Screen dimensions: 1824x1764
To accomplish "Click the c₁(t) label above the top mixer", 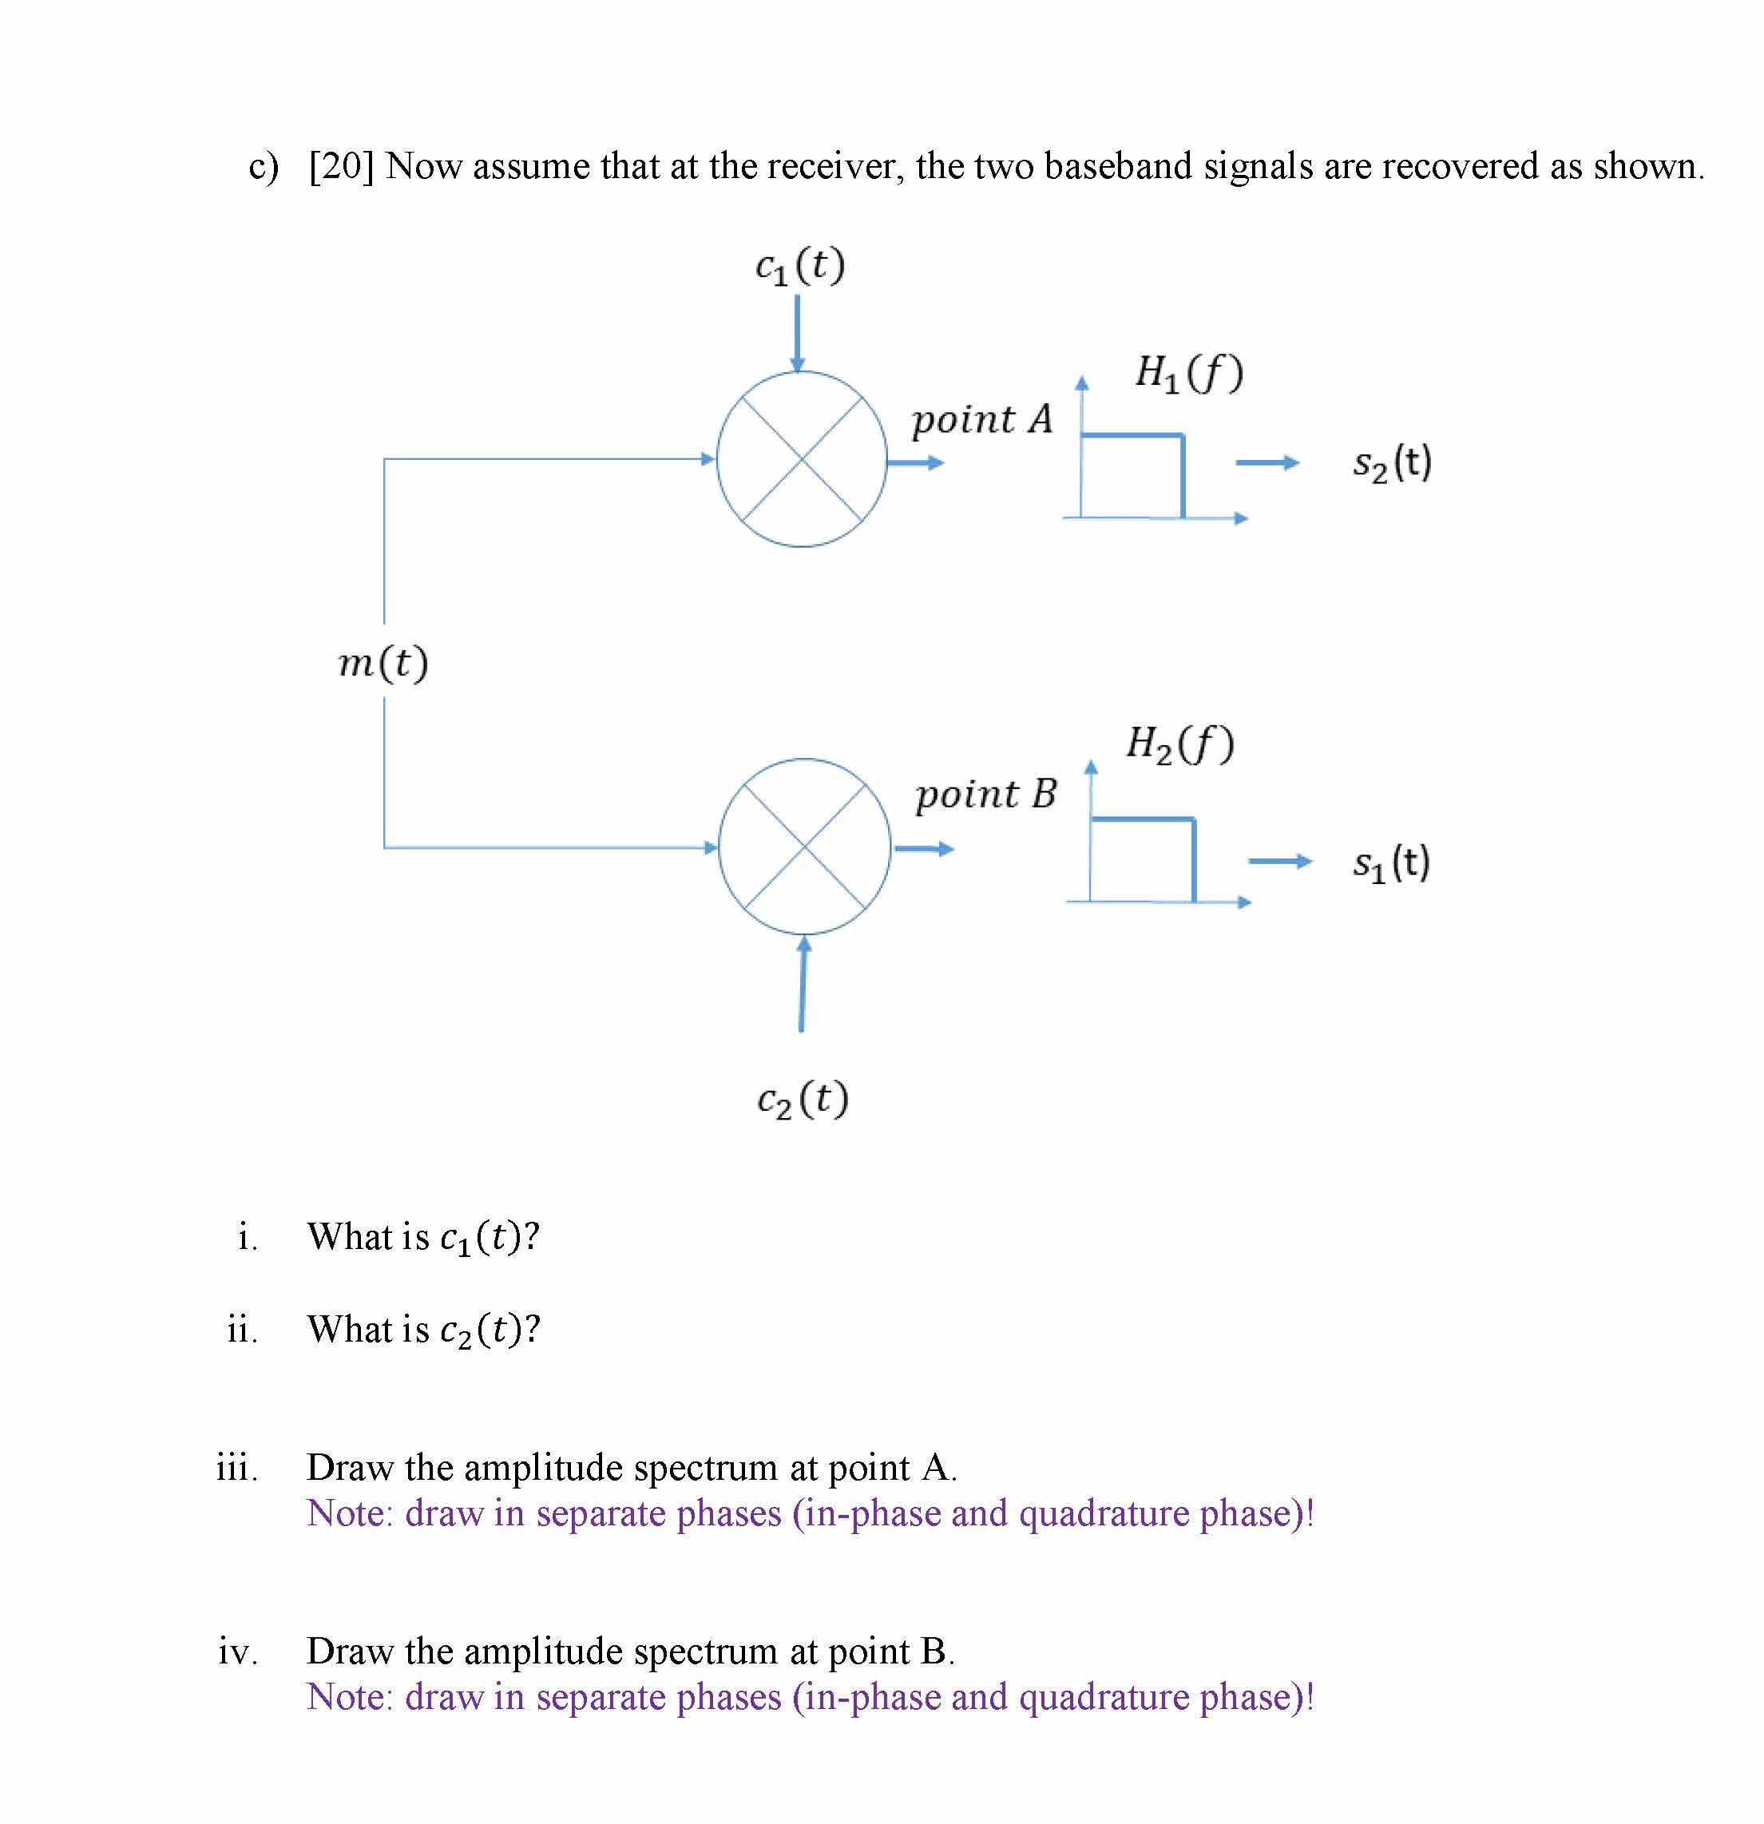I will coord(800,266).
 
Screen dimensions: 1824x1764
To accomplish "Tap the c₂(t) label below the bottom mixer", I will coord(802,1099).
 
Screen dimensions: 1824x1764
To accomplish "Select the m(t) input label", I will coord(383,663).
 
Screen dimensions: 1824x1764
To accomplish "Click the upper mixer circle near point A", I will coord(802,458).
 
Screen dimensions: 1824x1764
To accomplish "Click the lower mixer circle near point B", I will coord(805,846).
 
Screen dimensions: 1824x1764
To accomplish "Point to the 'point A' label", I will coord(981,420).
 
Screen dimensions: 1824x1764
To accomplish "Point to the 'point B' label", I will coord(986,795).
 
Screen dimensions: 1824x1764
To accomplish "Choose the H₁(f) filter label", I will coord(1189,372).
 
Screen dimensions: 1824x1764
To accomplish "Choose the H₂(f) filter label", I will coord(1180,743).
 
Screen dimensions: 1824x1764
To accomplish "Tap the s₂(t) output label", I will coord(1392,462).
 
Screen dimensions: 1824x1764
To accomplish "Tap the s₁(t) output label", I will coord(1391,862).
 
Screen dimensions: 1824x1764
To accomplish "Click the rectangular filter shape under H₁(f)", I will coord(1132,474).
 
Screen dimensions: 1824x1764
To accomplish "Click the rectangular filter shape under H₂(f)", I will coord(1143,859).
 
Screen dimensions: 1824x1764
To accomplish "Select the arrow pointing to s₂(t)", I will coord(1267,462).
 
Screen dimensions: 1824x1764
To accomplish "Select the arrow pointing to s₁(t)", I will coord(1279,862).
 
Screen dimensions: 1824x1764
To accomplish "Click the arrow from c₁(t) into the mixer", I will coord(797,333).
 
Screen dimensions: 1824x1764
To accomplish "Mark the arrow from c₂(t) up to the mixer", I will coord(802,985).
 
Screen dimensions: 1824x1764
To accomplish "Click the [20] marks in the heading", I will coord(340,167).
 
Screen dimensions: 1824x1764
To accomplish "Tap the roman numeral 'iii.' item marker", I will coord(237,1468).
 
